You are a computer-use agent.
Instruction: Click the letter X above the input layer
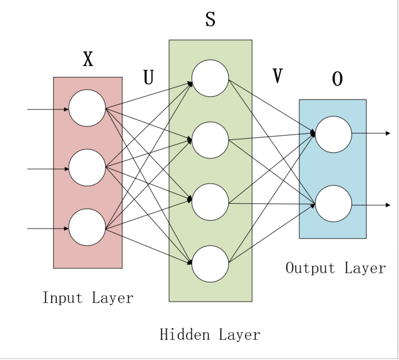(88, 60)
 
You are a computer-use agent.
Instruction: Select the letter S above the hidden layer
(210, 20)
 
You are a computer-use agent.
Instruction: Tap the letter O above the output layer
(337, 79)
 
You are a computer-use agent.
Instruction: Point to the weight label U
(148, 78)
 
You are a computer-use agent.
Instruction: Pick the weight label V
(277, 77)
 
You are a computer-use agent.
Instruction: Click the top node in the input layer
(87, 108)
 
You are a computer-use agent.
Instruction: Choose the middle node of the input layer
(87, 168)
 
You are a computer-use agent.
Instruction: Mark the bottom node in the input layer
(87, 228)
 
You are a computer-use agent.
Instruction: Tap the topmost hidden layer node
(210, 78)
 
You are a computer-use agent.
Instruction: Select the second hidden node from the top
(210, 140)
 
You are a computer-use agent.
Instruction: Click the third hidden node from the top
(210, 202)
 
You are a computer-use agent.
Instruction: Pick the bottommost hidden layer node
(210, 264)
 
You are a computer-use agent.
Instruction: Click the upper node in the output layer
(334, 134)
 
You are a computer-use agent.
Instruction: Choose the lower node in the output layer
(334, 204)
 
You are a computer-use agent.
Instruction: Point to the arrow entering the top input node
(48, 110)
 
